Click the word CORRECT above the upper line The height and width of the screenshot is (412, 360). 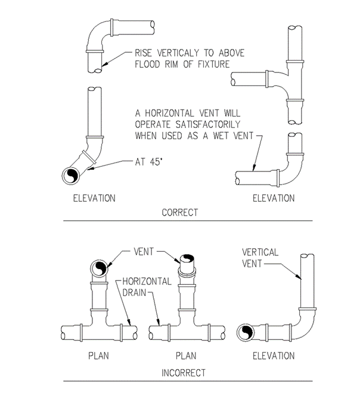180,212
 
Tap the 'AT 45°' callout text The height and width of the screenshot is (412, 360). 145,161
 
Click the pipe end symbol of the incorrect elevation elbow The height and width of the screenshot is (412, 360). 246,332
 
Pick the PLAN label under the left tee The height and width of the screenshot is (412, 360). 99,356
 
